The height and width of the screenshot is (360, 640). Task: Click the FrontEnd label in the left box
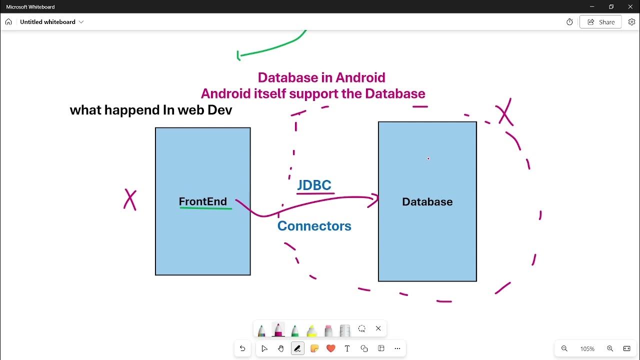[x=202, y=201]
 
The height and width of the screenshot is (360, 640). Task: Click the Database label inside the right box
[x=427, y=202]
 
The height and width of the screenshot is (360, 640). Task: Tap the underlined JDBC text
[x=314, y=185]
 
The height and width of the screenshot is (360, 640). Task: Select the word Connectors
[x=314, y=226]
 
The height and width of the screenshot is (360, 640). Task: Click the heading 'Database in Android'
[x=321, y=77]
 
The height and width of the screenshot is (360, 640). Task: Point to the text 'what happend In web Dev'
[x=151, y=110]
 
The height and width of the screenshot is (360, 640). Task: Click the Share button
[x=600, y=22]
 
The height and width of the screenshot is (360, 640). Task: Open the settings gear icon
[x=631, y=22]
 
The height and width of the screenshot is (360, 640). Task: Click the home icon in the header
[x=8, y=22]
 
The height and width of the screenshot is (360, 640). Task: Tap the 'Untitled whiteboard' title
[x=47, y=22]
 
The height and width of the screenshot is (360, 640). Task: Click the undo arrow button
[x=242, y=348]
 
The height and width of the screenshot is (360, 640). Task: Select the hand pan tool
[x=281, y=348]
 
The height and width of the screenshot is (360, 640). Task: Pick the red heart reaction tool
[x=330, y=348]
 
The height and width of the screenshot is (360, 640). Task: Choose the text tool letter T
[x=347, y=348]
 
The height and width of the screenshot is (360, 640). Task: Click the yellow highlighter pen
[x=311, y=330]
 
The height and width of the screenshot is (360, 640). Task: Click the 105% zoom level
[x=587, y=348]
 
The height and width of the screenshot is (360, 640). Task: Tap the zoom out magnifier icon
[x=564, y=348]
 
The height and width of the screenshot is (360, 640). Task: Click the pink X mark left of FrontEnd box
[x=130, y=199]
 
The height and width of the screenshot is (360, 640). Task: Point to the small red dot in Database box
[x=428, y=158]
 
